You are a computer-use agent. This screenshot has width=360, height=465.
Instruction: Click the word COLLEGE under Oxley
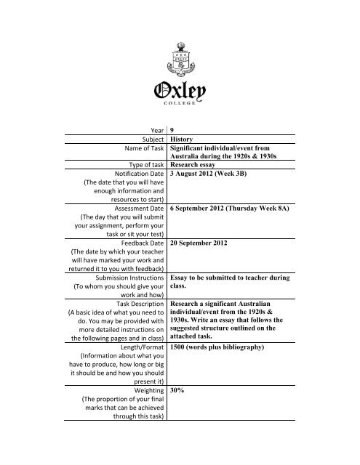(x=180, y=102)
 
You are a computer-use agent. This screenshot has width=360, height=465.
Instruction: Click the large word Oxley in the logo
(x=180, y=89)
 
